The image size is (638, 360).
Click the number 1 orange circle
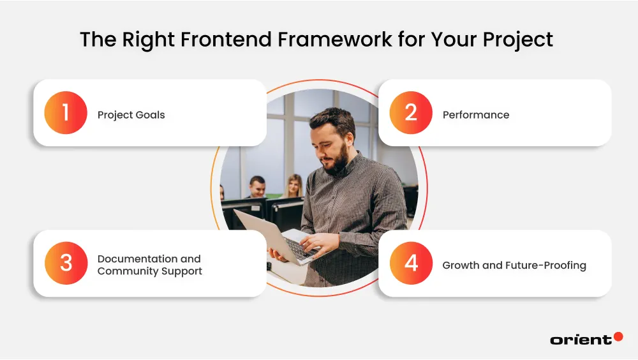[x=66, y=113]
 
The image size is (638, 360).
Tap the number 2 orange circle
[x=411, y=113]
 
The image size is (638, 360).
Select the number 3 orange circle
[x=66, y=264]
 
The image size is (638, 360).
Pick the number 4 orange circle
[x=411, y=264]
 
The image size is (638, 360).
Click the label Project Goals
[x=131, y=115]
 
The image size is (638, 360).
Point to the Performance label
[x=475, y=115]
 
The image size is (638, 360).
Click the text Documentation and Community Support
[x=149, y=265]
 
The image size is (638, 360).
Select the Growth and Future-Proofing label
[x=514, y=266]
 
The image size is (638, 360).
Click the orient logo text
[x=580, y=340]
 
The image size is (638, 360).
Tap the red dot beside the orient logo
[x=618, y=336]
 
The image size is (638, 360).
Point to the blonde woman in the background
[x=293, y=186]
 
